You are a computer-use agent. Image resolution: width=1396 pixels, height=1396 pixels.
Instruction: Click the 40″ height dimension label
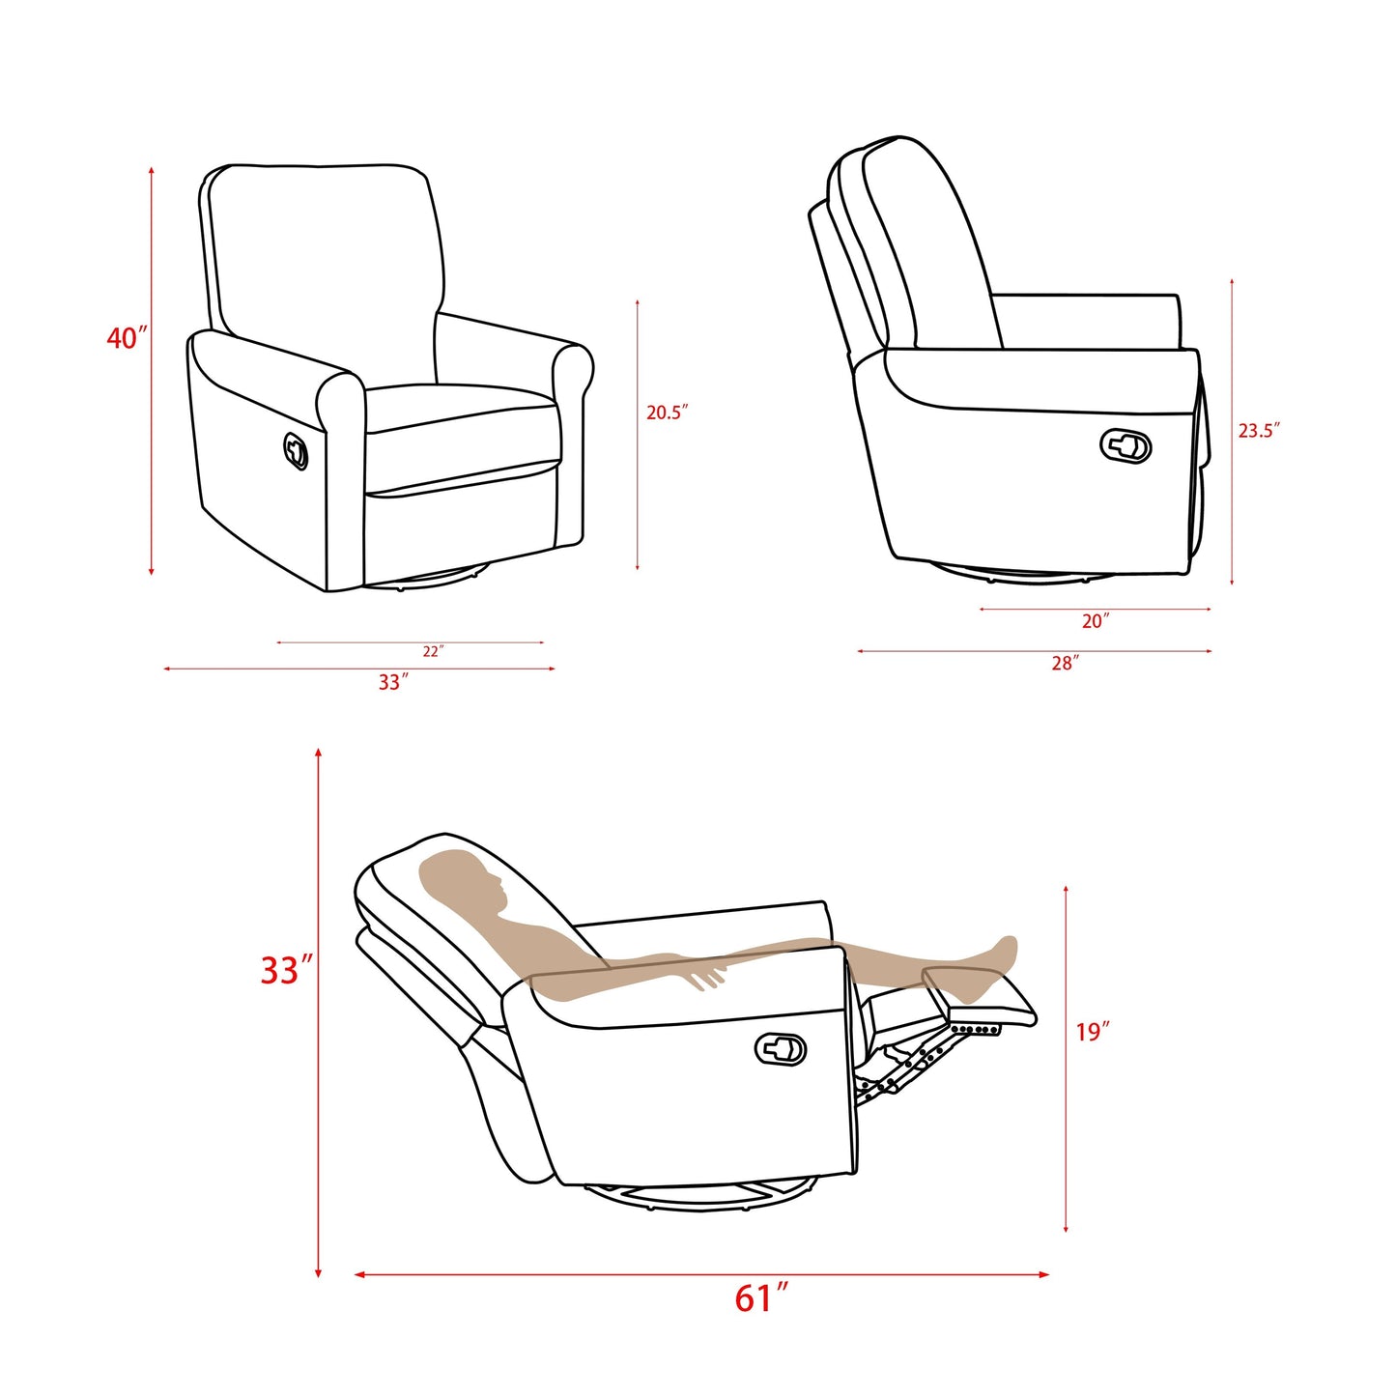pyautogui.click(x=128, y=338)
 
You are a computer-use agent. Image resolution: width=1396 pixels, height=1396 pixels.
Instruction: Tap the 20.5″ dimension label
pyautogui.click(x=667, y=413)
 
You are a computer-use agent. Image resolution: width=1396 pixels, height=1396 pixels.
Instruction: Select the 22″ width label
pyautogui.click(x=432, y=652)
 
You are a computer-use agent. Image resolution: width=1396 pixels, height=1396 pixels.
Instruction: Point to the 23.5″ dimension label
pyautogui.click(x=1259, y=431)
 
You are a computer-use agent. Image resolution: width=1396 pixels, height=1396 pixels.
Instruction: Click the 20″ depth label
pyautogui.click(x=1095, y=622)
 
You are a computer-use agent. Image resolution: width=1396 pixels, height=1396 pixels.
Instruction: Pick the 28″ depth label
pyautogui.click(x=1065, y=664)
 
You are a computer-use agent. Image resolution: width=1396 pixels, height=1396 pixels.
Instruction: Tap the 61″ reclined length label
pyautogui.click(x=761, y=1298)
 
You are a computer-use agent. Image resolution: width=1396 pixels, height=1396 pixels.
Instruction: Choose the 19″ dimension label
pyautogui.click(x=1093, y=1033)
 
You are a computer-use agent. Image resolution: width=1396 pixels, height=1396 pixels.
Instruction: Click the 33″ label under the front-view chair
pyautogui.click(x=393, y=683)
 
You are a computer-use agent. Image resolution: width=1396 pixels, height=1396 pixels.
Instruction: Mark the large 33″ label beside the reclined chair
pyautogui.click(x=287, y=970)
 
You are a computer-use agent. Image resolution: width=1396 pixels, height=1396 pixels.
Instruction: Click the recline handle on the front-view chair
pyautogui.click(x=296, y=450)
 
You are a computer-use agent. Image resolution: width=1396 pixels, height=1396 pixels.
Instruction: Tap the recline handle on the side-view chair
pyautogui.click(x=1125, y=445)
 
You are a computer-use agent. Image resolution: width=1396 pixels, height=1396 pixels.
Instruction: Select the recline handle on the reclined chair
pyautogui.click(x=781, y=1048)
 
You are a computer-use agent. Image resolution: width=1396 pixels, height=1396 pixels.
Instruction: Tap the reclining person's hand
pyautogui.click(x=708, y=977)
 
